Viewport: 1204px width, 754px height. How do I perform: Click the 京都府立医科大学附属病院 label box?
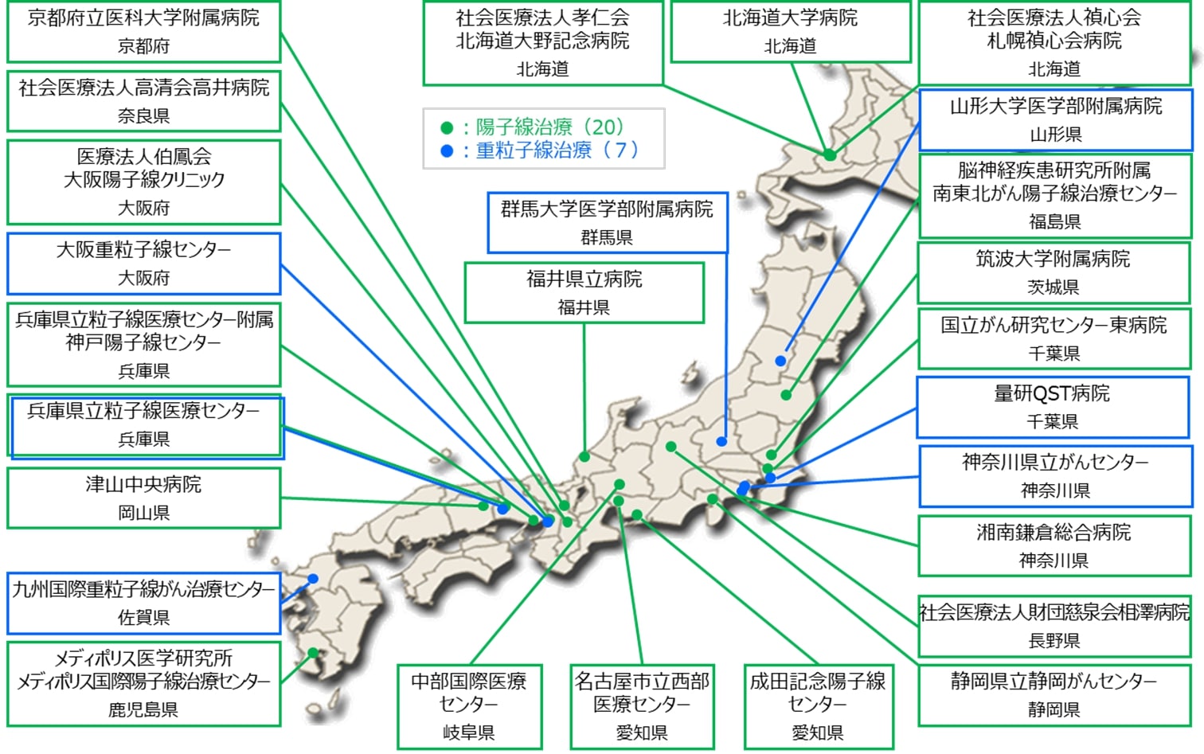tap(143, 31)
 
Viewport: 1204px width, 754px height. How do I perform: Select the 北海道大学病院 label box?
tap(790, 31)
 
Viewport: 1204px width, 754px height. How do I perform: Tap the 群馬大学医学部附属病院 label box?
tap(607, 222)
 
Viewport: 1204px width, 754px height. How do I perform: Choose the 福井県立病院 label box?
tap(584, 292)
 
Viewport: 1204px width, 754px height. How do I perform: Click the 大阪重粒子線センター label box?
tap(143, 264)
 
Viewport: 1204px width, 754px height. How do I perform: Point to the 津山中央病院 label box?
tap(143, 498)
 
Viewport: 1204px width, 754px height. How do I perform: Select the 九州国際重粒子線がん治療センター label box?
tap(143, 603)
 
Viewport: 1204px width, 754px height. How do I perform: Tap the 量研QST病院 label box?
tap(1052, 407)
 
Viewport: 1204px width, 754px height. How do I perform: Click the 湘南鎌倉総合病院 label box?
tap(1053, 546)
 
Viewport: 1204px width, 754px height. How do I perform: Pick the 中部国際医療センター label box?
tap(469, 706)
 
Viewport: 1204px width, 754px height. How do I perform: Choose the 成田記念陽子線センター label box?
tap(818, 706)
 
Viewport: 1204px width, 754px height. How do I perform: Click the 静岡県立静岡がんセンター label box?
tap(1053, 694)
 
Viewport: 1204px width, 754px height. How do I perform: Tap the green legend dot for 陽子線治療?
tap(447, 127)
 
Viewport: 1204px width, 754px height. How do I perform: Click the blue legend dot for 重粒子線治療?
tap(447, 150)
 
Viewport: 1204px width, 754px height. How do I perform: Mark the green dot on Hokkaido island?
tap(830, 154)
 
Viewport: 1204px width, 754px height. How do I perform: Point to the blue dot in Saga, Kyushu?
tap(313, 579)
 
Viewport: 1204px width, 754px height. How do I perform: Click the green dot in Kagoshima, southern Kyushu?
tap(313, 653)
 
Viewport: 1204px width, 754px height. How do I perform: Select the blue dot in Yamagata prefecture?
tap(780, 361)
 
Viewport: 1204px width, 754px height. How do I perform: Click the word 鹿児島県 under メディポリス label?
tap(143, 709)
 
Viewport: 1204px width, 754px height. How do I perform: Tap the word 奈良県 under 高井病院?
tap(143, 116)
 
